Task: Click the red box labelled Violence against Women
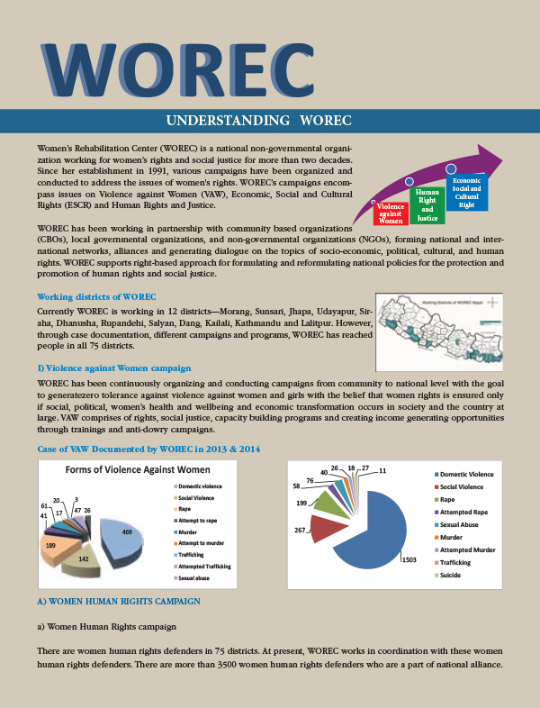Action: [391, 213]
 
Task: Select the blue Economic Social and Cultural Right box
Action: [466, 194]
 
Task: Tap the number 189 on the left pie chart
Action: [51, 546]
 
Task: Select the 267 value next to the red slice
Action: [300, 531]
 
